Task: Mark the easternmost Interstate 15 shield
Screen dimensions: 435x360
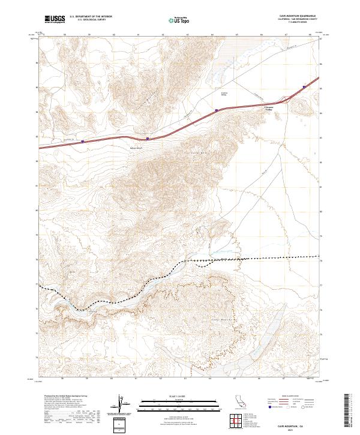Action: [x=304, y=86]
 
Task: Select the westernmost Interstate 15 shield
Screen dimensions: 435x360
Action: [x=83, y=142]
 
